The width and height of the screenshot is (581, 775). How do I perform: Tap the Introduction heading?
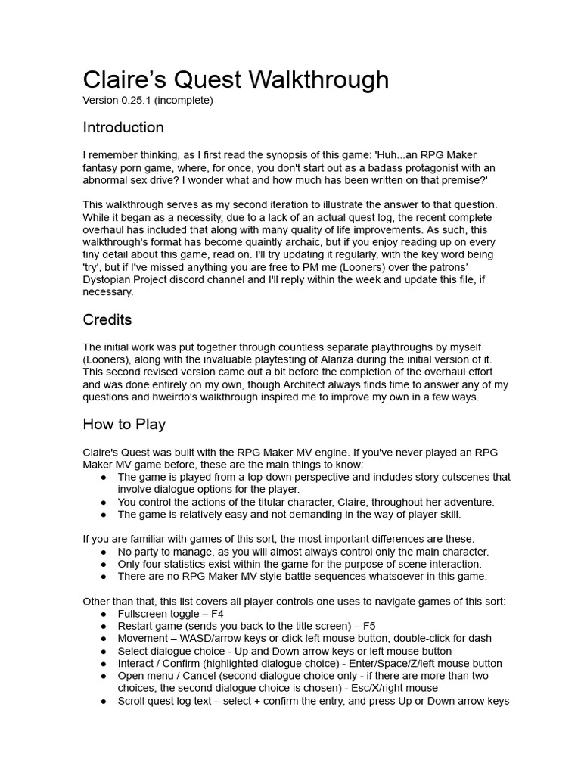pyautogui.click(x=123, y=127)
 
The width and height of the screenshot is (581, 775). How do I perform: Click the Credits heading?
pyautogui.click(x=107, y=319)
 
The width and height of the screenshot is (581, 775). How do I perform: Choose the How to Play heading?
pyautogui.click(x=124, y=424)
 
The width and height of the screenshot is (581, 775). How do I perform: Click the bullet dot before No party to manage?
pyautogui.click(x=103, y=552)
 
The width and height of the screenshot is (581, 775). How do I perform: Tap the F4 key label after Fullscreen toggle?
pyautogui.click(x=216, y=614)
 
